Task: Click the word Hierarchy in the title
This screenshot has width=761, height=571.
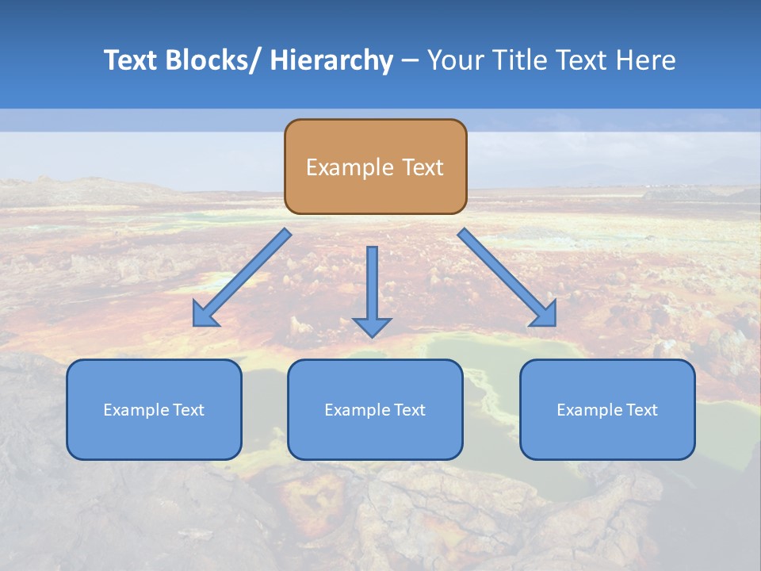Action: [x=331, y=60]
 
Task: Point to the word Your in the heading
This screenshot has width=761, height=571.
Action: [x=455, y=60]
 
